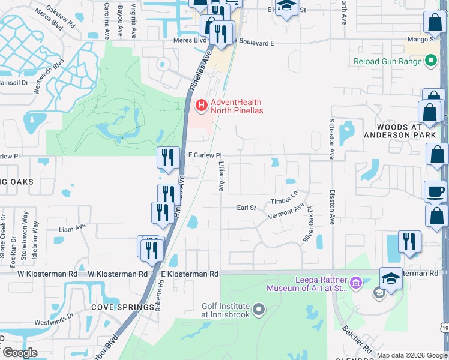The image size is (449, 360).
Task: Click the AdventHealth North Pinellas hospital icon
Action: [x=201, y=106]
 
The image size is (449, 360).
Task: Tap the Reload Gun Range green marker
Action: [x=430, y=61]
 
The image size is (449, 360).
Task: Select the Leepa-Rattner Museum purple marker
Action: [x=355, y=283]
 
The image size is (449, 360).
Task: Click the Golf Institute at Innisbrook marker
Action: [x=259, y=310]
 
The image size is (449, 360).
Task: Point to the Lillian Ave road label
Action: [x=221, y=176]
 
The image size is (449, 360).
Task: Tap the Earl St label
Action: [x=246, y=208]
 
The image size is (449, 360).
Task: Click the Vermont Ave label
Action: [x=286, y=212]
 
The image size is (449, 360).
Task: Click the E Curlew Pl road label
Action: [x=205, y=155]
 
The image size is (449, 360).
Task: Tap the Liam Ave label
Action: [x=73, y=228]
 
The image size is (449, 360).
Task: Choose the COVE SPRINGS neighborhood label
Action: [x=122, y=307]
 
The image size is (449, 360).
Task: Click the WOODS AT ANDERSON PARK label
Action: [x=400, y=131]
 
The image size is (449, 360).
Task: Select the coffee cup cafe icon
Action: [x=436, y=191]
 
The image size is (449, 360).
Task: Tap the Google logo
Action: [x=20, y=353]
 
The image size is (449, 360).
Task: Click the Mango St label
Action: [x=421, y=39]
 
